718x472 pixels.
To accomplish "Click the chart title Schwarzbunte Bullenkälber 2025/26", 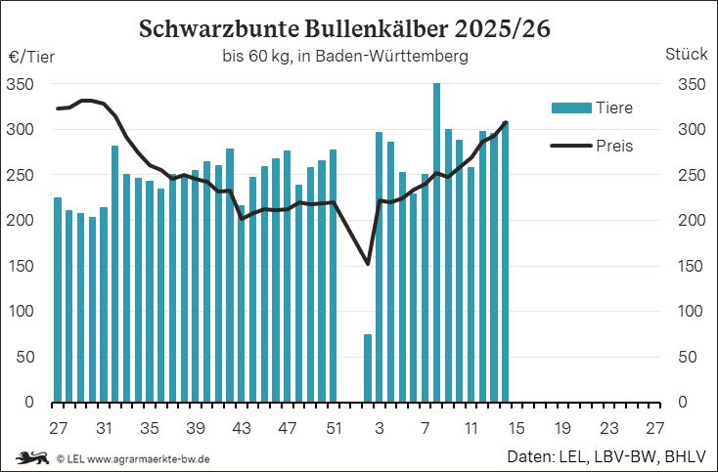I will coord(344,28).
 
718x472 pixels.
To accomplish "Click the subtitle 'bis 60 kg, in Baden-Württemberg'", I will coord(344,57).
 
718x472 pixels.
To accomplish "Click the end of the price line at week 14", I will coord(505,123).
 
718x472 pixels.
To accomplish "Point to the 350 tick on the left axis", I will coord(22,84).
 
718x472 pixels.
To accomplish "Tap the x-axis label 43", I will coord(241,428).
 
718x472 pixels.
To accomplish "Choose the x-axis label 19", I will coord(562,428).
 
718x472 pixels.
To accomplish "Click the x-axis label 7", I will coord(426,428).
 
